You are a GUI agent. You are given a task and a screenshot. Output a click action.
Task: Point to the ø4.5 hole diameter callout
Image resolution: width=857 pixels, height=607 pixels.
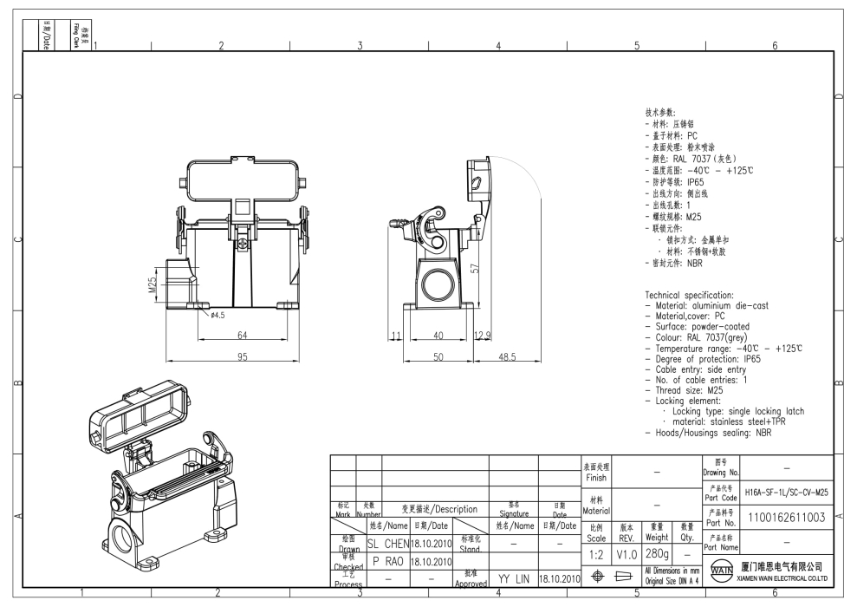217,316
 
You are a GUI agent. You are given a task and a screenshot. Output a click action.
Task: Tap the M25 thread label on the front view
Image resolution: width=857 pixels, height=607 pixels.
152,285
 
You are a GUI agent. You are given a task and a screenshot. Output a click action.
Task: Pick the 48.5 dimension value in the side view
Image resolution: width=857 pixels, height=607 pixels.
502,356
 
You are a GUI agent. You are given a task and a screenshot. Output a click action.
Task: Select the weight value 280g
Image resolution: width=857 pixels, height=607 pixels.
657,552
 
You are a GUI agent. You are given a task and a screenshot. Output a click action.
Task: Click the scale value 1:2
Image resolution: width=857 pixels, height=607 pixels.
597,552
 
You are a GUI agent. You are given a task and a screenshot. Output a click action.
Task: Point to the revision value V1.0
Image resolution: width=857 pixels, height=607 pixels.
627,552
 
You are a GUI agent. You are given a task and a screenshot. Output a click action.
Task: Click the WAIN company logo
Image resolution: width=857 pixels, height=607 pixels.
721,573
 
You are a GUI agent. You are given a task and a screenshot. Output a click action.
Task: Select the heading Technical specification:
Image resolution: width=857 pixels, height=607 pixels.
690,296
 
